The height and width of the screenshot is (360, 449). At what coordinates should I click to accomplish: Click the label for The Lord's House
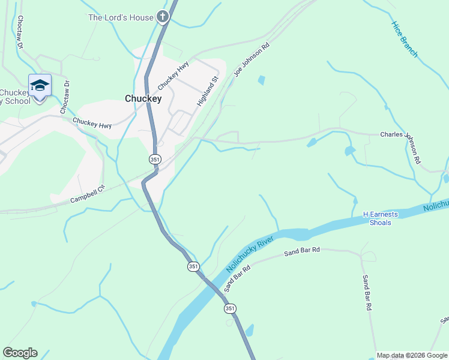(x=121, y=17)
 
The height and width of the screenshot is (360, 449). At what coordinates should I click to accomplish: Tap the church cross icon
(x=162, y=17)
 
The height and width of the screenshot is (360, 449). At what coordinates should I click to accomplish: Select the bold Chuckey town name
(x=143, y=98)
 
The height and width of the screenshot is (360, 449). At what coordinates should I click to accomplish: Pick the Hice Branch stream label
(x=404, y=40)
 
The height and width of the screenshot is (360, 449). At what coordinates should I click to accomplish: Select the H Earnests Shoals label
(x=377, y=218)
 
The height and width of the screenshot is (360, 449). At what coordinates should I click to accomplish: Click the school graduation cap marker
(x=40, y=86)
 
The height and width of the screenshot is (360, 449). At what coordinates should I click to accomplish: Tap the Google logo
(x=20, y=353)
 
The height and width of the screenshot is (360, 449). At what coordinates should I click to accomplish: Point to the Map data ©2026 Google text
(x=412, y=355)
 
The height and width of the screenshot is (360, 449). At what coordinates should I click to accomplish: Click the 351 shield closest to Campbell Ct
(x=155, y=159)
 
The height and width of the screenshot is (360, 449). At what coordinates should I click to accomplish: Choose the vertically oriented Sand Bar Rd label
(x=367, y=293)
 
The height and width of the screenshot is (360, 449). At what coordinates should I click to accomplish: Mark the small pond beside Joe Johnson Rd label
(x=261, y=80)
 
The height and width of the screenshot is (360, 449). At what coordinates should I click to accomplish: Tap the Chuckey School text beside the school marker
(x=16, y=97)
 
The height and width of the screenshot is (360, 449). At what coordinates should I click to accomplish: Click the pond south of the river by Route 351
(x=249, y=330)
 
